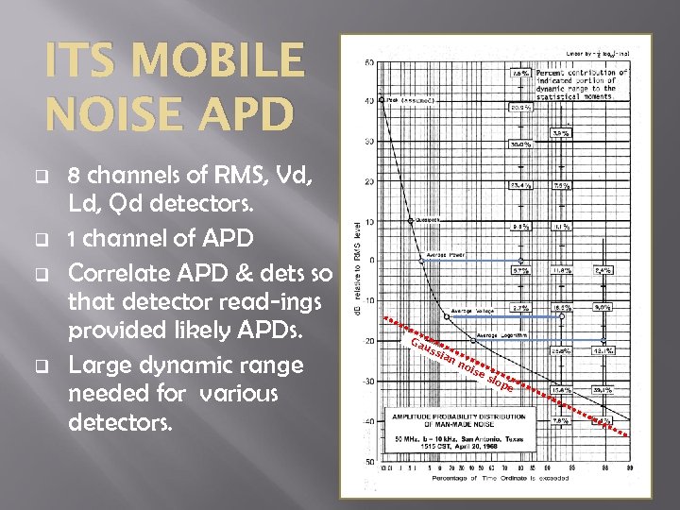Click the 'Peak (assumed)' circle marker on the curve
pyautogui.click(x=381, y=98)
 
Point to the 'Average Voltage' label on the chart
pyautogui.click(x=473, y=310)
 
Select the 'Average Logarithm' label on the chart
pyautogui.click(x=500, y=335)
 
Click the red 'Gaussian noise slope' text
pyautogui.click(x=463, y=363)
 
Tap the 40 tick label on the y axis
pyautogui.click(x=369, y=101)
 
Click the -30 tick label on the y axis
pyautogui.click(x=367, y=381)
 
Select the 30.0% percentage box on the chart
pyautogui.click(x=520, y=144)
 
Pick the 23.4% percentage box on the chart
pyautogui.click(x=520, y=185)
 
